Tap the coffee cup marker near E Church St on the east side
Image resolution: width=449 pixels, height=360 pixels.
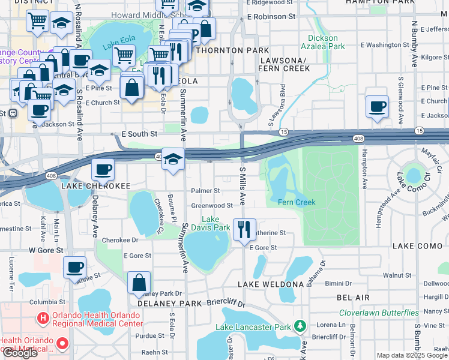376,107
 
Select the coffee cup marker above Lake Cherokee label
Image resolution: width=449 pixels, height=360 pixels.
103,170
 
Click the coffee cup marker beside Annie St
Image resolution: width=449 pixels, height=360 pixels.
74,268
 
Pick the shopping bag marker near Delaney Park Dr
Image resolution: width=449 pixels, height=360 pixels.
139,283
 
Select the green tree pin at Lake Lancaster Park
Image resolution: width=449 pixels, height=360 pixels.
301,326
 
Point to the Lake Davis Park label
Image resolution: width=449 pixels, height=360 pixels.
215,223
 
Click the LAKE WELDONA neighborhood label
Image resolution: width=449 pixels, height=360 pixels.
271,284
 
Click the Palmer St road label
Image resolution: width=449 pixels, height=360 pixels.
205,191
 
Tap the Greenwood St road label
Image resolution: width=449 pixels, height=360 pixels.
211,205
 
